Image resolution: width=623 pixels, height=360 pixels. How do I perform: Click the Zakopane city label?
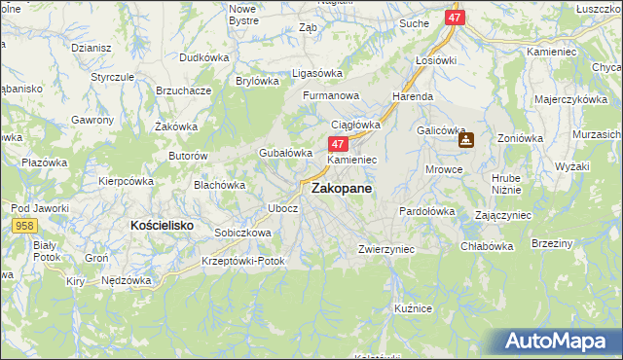[341, 191]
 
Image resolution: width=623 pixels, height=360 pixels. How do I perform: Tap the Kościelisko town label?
[162, 225]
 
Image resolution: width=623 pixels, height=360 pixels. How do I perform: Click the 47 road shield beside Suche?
[456, 18]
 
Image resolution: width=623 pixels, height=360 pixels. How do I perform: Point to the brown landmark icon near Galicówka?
[466, 140]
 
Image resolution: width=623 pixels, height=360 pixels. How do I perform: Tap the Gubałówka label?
[284, 153]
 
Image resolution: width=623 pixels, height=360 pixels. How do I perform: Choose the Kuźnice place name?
[413, 307]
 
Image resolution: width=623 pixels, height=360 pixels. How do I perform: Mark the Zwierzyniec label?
[386, 249]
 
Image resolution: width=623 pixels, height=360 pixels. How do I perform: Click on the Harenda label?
[413, 97]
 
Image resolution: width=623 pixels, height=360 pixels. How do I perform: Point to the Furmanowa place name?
[331, 96]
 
